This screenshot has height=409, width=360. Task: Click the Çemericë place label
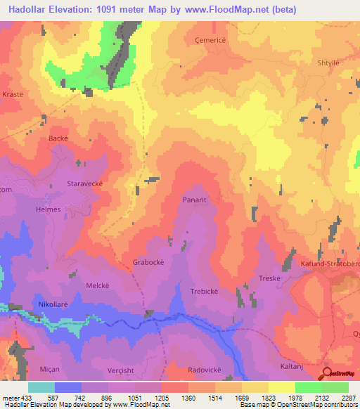(x=210, y=40)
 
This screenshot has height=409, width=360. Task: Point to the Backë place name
(x=58, y=138)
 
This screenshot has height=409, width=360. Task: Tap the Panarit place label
(x=198, y=200)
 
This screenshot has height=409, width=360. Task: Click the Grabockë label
(x=148, y=263)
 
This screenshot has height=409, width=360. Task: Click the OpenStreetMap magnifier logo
(x=327, y=375)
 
